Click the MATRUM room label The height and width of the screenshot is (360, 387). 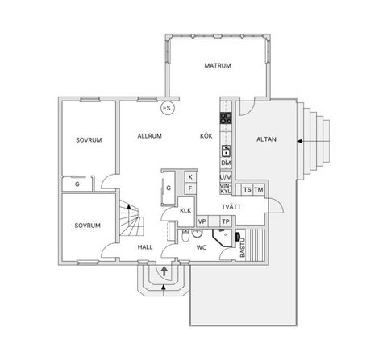218,65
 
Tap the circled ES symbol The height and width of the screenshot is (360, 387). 167,108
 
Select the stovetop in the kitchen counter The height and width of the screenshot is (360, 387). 226,118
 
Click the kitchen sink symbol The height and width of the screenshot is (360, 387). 227,151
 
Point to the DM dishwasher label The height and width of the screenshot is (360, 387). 226,163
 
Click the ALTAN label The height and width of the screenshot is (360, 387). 266,139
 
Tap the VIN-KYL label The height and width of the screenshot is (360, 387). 226,188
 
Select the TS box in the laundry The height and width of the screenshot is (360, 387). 248,190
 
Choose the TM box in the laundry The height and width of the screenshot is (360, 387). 259,190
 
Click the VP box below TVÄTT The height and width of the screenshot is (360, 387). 202,221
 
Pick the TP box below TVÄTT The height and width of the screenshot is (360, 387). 226,221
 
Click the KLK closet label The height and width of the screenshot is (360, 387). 185,210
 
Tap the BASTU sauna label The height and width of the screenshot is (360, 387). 243,248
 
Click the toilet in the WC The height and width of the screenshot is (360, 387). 185,235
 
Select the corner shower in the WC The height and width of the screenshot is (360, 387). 222,238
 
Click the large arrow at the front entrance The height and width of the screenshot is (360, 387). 164,271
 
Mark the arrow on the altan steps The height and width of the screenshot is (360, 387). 300,141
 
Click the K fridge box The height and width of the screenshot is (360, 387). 190,177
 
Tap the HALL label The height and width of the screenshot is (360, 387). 145,247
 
